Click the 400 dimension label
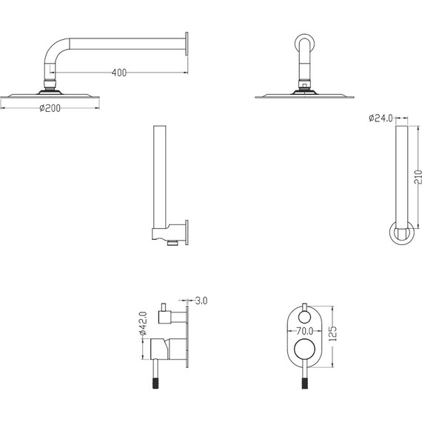(x=119, y=73)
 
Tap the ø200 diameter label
(x=50, y=108)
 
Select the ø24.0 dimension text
(x=381, y=118)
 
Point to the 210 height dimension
(x=418, y=177)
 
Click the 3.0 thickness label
(x=201, y=301)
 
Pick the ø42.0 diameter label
(x=143, y=323)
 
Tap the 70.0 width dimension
(x=305, y=331)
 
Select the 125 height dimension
(x=333, y=334)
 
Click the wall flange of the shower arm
(x=187, y=44)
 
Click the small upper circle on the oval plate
(x=305, y=317)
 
